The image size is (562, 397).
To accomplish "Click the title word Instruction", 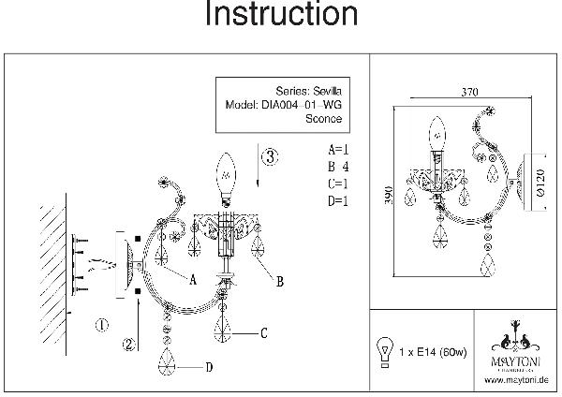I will coord(281,16).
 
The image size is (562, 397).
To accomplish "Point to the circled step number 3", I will coord(268,157).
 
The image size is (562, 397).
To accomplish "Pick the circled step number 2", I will coord(130,344).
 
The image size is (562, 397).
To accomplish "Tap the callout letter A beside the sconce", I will coord(193,279).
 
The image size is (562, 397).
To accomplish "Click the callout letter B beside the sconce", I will coord(279,279).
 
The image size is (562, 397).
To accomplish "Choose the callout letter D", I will coord(208,366).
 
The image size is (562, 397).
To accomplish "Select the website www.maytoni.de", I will coord(517,380).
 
